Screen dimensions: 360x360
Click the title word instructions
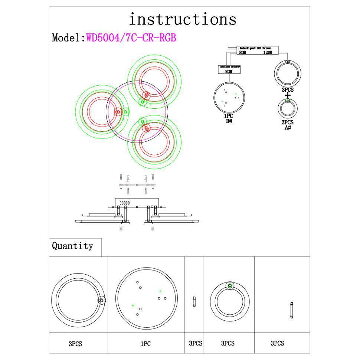tap(182, 19)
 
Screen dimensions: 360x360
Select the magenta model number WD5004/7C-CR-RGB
tap(131, 38)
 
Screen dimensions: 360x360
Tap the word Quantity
tap(72, 246)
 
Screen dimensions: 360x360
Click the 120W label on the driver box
tap(268, 53)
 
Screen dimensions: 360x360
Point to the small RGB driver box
tap(229, 69)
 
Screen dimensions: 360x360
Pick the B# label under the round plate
tap(229, 121)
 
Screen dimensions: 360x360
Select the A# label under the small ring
tap(288, 128)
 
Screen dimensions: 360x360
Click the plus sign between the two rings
tap(288, 96)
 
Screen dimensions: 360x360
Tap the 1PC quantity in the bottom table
tap(145, 344)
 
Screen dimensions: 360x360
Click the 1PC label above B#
tap(229, 116)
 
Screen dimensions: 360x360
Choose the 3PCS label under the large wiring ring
tap(288, 90)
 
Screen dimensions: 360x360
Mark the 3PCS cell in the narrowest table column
tap(195, 343)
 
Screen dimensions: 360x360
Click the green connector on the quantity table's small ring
tap(230, 286)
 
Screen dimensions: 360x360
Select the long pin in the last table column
tap(292, 310)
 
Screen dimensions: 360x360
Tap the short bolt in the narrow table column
tap(194, 301)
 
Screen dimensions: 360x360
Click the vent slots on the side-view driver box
tap(124, 203)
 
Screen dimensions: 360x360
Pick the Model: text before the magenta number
tap(69, 38)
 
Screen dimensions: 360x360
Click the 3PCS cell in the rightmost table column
tap(277, 344)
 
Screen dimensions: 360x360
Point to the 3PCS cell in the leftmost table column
tap(75, 344)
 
